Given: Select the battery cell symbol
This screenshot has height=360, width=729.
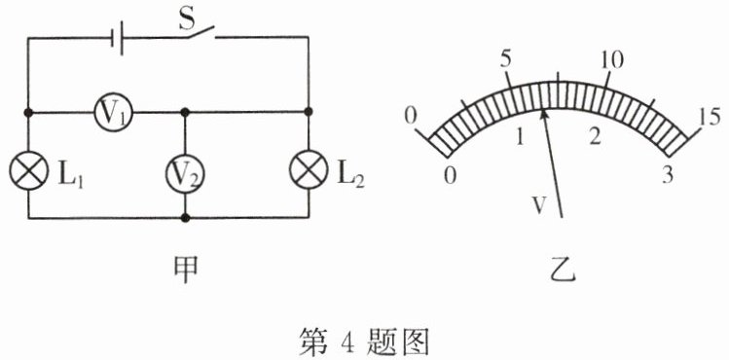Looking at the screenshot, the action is pyautogui.click(x=117, y=38).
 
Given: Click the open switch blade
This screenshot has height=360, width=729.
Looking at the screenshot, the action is pyautogui.click(x=200, y=31).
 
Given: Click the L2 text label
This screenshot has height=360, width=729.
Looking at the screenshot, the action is pyautogui.click(x=350, y=177).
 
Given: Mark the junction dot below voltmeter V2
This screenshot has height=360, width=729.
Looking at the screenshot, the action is pyautogui.click(x=185, y=217).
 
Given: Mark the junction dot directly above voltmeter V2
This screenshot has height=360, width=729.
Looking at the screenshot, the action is pyautogui.click(x=185, y=112).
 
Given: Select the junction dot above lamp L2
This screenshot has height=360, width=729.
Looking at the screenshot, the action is pyautogui.click(x=309, y=112).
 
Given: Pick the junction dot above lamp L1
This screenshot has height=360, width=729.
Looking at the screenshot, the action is pyautogui.click(x=28, y=113).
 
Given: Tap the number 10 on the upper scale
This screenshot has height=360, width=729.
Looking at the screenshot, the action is pyautogui.click(x=611, y=60).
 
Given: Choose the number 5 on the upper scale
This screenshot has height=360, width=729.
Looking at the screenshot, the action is pyautogui.click(x=506, y=59).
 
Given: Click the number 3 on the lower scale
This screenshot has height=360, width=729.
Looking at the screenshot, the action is pyautogui.click(x=668, y=175).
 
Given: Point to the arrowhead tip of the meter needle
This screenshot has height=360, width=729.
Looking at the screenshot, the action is pyautogui.click(x=542, y=110).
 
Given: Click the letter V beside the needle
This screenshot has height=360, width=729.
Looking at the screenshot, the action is pyautogui.click(x=539, y=205).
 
